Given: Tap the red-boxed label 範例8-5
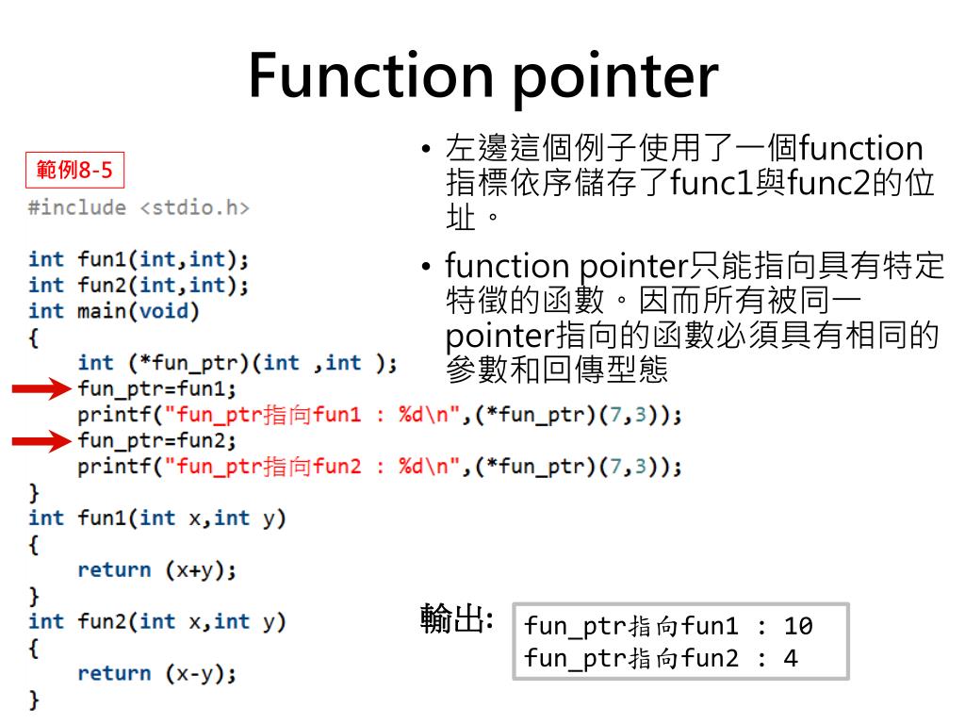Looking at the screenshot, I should (x=74, y=171).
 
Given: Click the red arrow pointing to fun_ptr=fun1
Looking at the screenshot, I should (x=41, y=388).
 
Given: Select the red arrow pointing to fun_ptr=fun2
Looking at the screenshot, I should (x=41, y=440).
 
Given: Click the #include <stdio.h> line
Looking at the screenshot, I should (x=139, y=207).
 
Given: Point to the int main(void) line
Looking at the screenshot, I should (x=114, y=310).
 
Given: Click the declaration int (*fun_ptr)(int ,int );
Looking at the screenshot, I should (x=237, y=363).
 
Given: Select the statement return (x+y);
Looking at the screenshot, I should (x=156, y=569).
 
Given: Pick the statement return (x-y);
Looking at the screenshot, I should (x=156, y=673).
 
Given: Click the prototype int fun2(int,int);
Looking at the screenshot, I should (x=139, y=285).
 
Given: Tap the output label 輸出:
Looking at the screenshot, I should (x=456, y=619).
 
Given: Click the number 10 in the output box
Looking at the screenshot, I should (x=797, y=626).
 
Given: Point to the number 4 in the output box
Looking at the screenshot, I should (x=790, y=658).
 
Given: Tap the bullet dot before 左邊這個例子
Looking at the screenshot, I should (x=427, y=151).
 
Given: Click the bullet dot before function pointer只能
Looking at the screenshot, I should (x=427, y=268).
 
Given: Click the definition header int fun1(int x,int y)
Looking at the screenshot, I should (x=156, y=518).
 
